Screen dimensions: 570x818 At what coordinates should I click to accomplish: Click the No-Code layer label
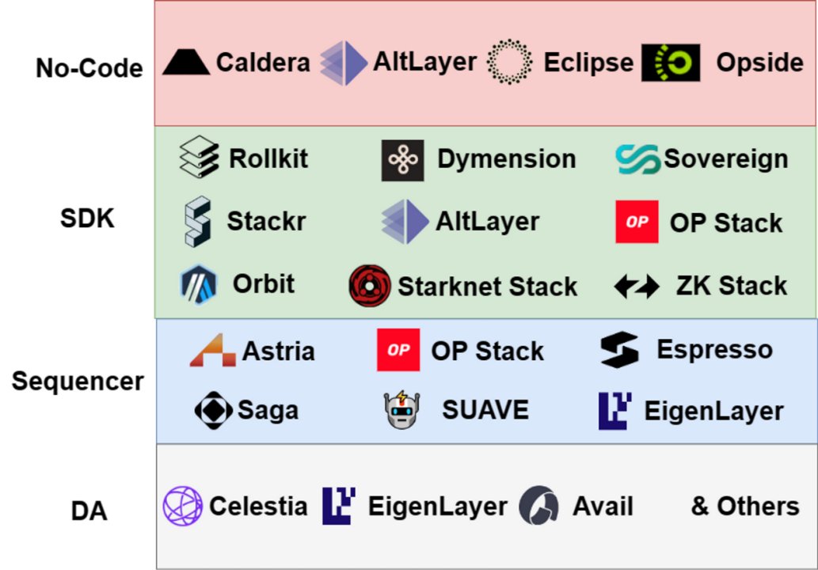89,68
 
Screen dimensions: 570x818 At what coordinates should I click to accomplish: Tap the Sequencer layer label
78,382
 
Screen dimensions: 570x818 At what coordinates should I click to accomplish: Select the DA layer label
89,511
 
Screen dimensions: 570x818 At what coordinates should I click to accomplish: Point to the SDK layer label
87,218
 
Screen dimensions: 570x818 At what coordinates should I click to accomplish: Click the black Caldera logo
186,63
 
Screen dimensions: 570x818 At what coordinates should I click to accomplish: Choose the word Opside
759,63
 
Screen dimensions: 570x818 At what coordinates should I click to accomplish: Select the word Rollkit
268,158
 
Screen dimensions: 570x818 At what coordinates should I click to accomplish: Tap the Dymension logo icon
402,160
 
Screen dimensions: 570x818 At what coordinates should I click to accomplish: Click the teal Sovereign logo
637,160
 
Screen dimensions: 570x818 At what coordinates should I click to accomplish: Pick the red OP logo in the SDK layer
637,222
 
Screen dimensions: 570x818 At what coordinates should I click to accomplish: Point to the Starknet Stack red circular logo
370,286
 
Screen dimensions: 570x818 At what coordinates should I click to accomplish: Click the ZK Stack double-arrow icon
637,287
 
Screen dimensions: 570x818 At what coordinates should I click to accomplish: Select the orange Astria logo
212,351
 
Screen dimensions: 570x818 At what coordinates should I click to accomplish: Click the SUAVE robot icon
401,410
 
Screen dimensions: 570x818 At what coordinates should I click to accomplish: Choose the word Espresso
714,349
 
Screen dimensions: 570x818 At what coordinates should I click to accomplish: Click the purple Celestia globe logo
183,506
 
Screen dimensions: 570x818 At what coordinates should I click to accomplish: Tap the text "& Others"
744,506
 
